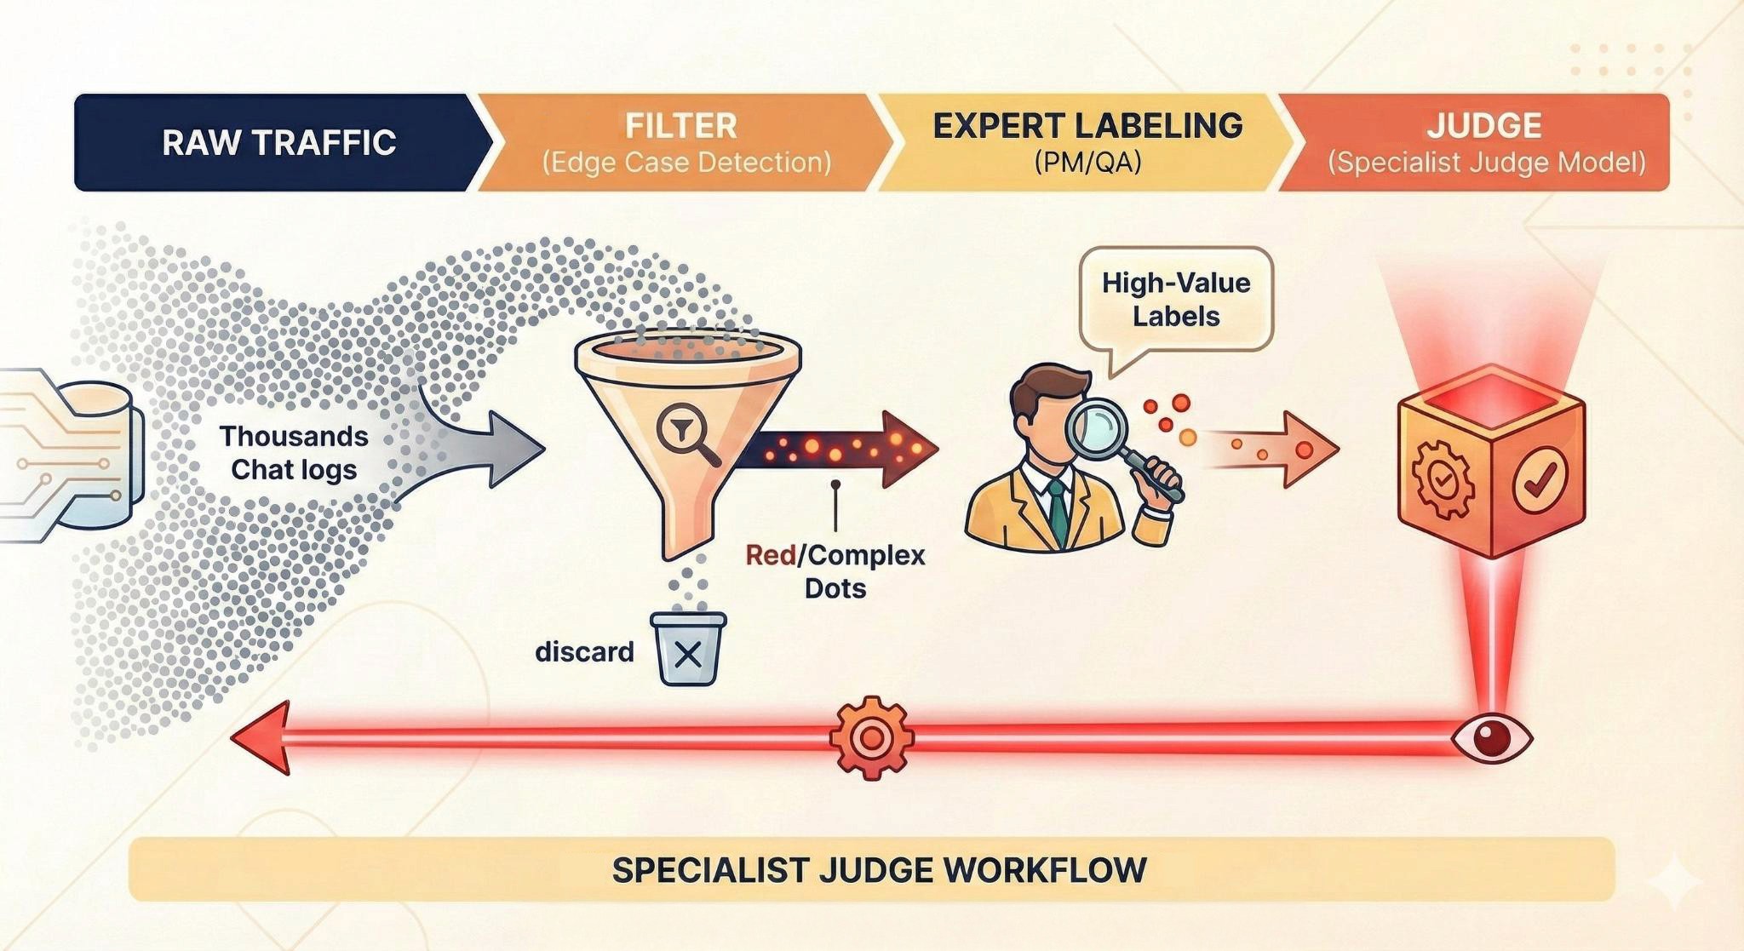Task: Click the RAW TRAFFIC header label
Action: [x=279, y=142]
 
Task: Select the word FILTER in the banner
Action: [x=681, y=126]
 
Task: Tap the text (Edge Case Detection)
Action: [x=686, y=162]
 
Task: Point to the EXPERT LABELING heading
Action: [x=1087, y=126]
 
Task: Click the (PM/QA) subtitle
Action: [x=1087, y=162]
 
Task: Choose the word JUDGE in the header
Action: [x=1485, y=126]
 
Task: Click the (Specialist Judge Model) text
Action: [x=1487, y=162]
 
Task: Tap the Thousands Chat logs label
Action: [x=294, y=453]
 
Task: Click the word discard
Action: [x=584, y=652]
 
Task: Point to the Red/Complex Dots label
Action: [x=835, y=571]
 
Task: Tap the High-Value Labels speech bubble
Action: [x=1176, y=300]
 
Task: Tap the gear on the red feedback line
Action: [x=870, y=737]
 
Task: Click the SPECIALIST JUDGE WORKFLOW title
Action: [x=879, y=870]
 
